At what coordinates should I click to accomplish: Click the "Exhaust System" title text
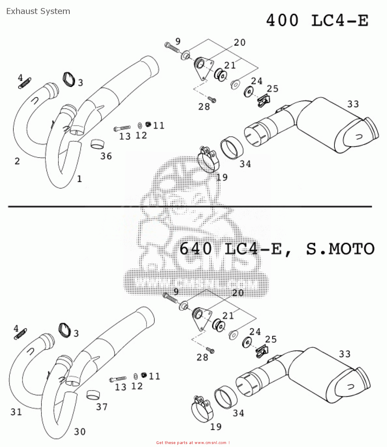click(x=38, y=11)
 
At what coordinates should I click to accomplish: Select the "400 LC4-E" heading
click(x=317, y=21)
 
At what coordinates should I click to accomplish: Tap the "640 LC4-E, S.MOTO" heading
click(x=277, y=249)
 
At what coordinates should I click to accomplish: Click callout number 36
click(x=106, y=156)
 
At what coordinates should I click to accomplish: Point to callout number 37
click(x=102, y=406)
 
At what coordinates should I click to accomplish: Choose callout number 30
click(x=80, y=432)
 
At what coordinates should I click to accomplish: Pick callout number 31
click(x=16, y=412)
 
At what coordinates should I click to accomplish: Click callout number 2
click(x=17, y=161)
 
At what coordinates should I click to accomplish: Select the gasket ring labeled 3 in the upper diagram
click(x=69, y=80)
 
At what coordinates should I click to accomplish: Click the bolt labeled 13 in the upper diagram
click(x=122, y=128)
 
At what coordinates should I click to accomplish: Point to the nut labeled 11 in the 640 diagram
click(x=144, y=375)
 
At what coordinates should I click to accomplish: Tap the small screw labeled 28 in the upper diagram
click(x=212, y=100)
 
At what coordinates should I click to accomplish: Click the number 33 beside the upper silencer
click(x=353, y=104)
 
